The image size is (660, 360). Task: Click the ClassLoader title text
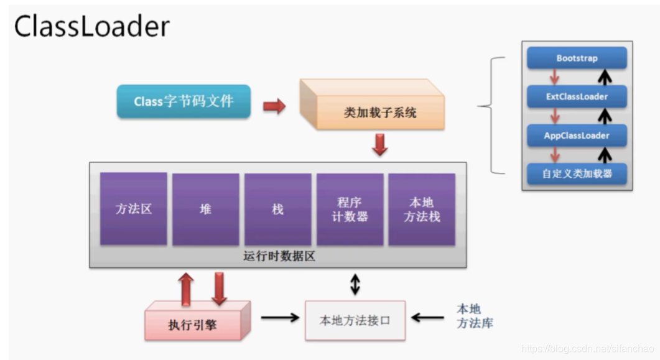(92, 26)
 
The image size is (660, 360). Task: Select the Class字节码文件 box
(184, 101)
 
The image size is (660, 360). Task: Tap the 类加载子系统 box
(372, 104)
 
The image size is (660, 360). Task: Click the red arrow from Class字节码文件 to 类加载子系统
(274, 106)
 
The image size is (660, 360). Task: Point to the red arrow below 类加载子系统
(379, 145)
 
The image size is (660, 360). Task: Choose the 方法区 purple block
(134, 208)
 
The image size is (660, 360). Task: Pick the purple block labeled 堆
(206, 209)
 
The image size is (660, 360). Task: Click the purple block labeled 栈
(278, 209)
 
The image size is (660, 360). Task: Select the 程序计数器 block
(350, 209)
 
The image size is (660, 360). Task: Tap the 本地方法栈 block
(422, 209)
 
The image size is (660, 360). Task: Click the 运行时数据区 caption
(279, 256)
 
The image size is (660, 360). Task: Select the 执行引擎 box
(197, 320)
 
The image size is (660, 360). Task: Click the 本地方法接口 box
(355, 320)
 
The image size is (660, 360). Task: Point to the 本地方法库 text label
(475, 316)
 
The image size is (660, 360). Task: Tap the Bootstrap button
(577, 58)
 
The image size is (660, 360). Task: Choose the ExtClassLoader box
(577, 97)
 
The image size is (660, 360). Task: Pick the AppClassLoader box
(577, 136)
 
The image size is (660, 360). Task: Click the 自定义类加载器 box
(577, 173)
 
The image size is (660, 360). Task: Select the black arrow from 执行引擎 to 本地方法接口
(280, 318)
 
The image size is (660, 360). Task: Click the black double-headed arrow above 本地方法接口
(355, 284)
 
